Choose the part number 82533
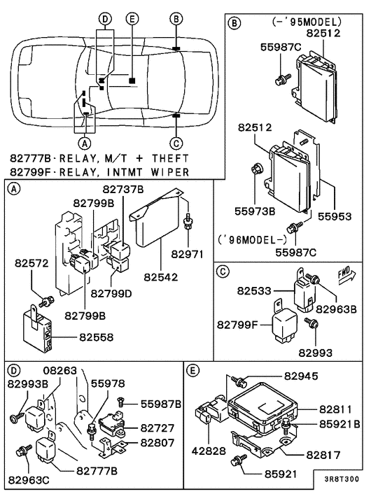[x=253, y=289]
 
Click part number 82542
[x=162, y=277]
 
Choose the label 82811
[x=339, y=409]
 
